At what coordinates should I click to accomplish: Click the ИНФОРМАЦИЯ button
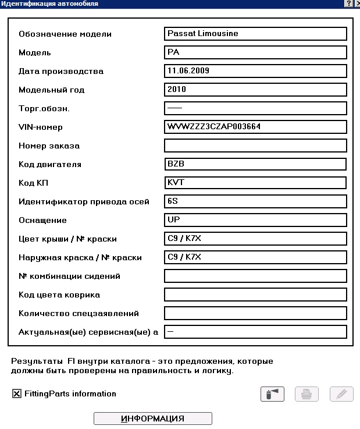pyautogui.click(x=153, y=419)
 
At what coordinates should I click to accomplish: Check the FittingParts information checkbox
pyautogui.click(x=16, y=394)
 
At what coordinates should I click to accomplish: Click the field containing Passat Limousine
pyautogui.click(x=255, y=34)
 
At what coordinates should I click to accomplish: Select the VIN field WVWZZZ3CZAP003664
pyautogui.click(x=255, y=127)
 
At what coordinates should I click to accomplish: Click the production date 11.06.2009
pyautogui.click(x=255, y=71)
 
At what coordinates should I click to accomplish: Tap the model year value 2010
pyautogui.click(x=255, y=90)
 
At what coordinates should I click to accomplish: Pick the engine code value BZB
pyautogui.click(x=255, y=164)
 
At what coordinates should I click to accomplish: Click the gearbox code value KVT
pyautogui.click(x=255, y=183)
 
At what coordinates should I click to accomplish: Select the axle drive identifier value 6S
pyautogui.click(x=255, y=201)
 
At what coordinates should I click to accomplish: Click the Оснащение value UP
pyautogui.click(x=255, y=220)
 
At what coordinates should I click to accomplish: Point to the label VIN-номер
pyautogui.click(x=41, y=127)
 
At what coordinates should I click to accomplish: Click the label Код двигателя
pyautogui.click(x=50, y=165)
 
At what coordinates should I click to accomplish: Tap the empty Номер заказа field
pyautogui.click(x=255, y=146)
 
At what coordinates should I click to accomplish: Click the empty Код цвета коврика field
pyautogui.click(x=255, y=295)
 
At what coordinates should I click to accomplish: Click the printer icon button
pyautogui.click(x=306, y=394)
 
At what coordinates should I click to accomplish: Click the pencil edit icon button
pyautogui.click(x=341, y=394)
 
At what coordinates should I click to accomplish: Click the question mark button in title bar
pyautogui.click(x=348, y=3)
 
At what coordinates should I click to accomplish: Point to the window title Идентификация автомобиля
pyautogui.click(x=49, y=3)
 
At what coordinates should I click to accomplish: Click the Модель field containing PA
pyautogui.click(x=255, y=52)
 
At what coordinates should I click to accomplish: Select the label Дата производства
pyautogui.click(x=61, y=72)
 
